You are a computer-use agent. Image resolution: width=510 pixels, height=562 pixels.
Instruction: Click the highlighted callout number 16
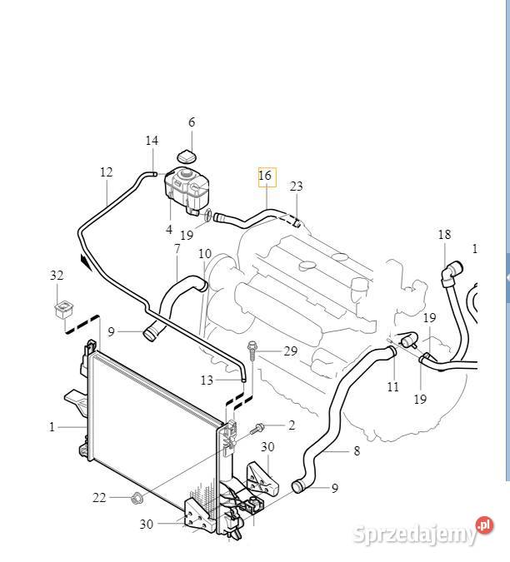pos(265,176)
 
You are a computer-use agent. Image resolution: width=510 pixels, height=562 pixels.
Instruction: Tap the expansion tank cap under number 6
pos(187,157)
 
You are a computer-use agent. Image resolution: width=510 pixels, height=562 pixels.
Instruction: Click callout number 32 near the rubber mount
pos(57,276)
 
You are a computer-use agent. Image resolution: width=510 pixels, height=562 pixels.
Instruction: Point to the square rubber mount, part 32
pos(64,310)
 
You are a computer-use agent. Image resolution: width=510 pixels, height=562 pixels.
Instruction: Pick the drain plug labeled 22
pos(136,498)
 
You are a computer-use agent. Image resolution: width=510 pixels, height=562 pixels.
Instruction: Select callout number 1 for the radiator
pos(52,427)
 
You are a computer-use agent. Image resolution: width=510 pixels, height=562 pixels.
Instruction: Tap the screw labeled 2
pos(257,428)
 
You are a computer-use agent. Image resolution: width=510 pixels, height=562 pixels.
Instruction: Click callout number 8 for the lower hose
pos(357,450)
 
